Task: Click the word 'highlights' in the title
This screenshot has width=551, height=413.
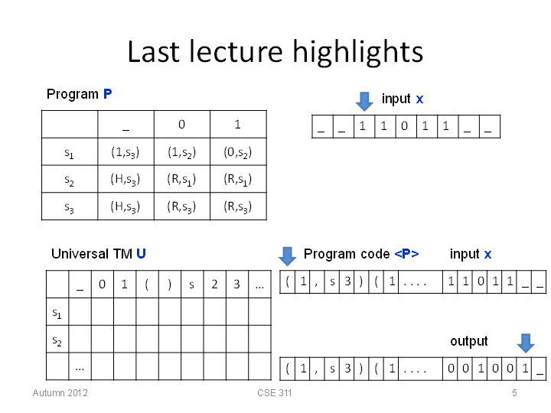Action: (x=357, y=52)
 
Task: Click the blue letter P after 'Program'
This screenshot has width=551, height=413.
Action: (x=108, y=94)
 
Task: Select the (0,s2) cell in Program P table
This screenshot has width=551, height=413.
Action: (x=238, y=152)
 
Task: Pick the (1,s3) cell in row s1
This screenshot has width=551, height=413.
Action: (x=126, y=152)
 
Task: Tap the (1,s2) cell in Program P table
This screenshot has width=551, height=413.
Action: (x=181, y=152)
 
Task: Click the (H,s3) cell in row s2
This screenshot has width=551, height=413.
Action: (x=126, y=179)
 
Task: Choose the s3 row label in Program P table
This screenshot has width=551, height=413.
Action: (x=69, y=207)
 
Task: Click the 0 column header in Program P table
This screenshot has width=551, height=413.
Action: (x=181, y=124)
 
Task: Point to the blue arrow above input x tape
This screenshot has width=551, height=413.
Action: (x=364, y=102)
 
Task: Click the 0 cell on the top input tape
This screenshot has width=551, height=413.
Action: (x=405, y=125)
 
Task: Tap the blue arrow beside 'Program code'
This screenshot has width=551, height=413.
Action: (x=288, y=256)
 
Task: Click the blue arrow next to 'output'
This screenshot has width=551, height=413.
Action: (x=526, y=343)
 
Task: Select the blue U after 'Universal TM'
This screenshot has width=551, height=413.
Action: (x=141, y=254)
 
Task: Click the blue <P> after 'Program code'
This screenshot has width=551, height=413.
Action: (x=406, y=254)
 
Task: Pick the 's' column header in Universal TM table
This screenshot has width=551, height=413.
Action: (x=191, y=285)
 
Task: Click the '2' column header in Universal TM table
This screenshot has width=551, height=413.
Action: (x=215, y=284)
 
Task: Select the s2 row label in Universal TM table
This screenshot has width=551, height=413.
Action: (x=57, y=340)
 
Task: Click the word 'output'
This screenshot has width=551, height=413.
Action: (x=469, y=341)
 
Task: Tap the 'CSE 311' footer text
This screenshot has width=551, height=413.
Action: (x=275, y=392)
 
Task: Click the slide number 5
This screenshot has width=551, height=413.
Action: (x=514, y=392)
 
